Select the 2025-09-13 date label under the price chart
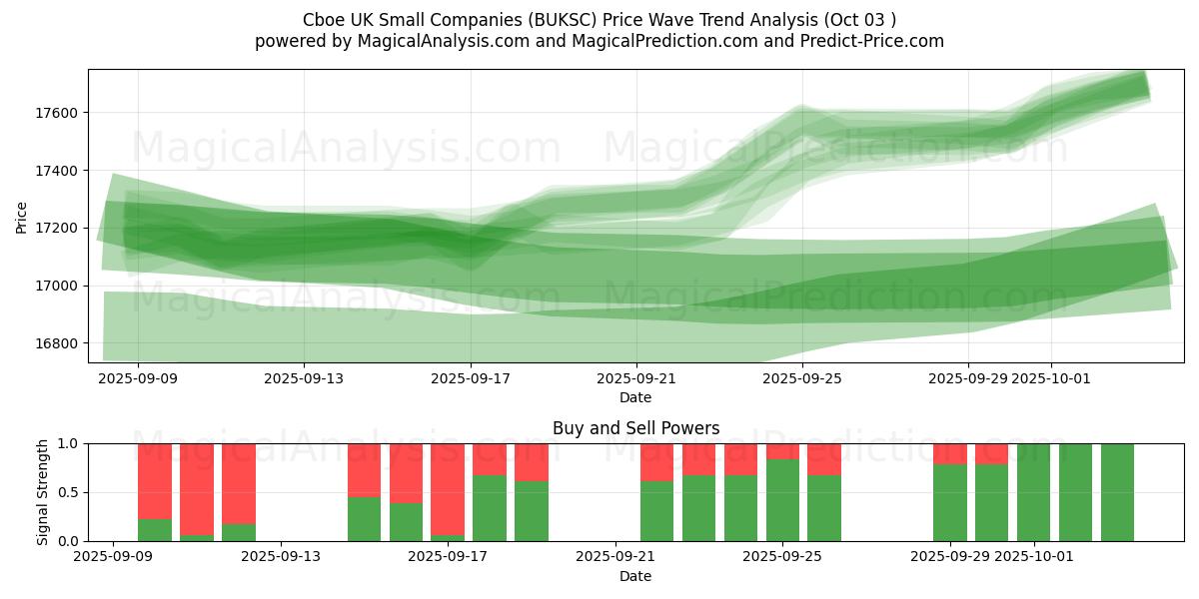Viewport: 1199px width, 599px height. coord(304,379)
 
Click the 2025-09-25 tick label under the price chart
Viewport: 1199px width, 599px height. coord(801,379)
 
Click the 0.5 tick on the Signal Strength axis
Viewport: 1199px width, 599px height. coord(68,493)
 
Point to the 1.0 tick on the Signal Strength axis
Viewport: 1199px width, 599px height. coord(68,443)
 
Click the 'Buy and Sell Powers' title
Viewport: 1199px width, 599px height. coord(635,428)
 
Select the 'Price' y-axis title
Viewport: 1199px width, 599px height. coord(22,217)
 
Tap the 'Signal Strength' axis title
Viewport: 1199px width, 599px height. coord(42,492)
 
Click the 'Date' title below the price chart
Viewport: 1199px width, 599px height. coord(635,397)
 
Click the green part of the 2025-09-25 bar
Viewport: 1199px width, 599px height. coord(782,499)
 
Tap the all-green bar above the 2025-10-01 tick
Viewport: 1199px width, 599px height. coord(1033,492)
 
